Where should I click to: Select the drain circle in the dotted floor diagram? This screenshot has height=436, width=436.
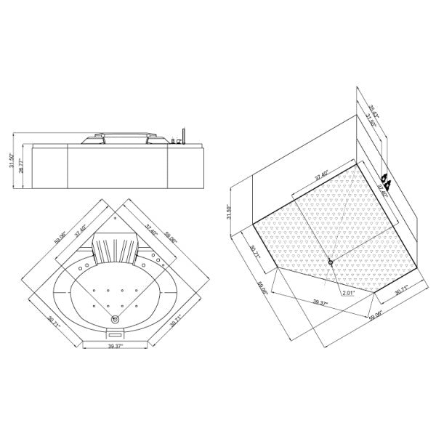point(331,262)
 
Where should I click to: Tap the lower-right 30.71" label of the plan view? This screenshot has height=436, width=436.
point(174,321)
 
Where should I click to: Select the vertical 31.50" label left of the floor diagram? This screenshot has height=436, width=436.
point(230,211)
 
